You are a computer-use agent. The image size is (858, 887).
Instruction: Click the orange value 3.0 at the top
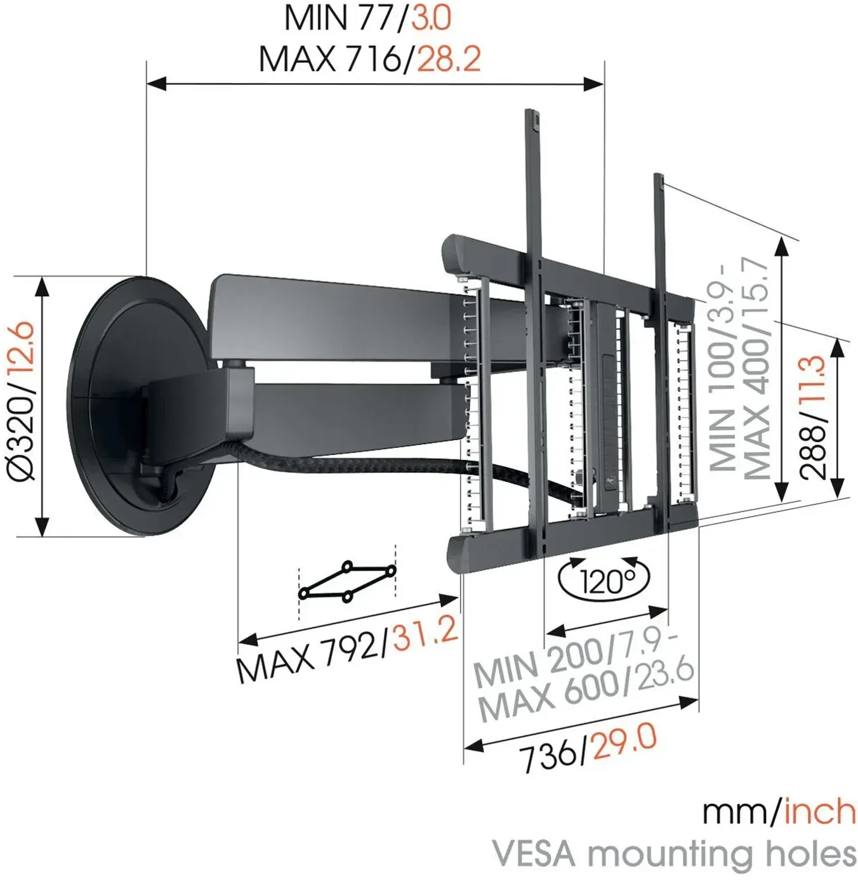432,18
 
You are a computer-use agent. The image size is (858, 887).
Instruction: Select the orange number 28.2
449,59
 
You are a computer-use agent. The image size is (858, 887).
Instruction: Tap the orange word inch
819,811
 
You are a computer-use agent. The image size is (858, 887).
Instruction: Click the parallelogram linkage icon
346,581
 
